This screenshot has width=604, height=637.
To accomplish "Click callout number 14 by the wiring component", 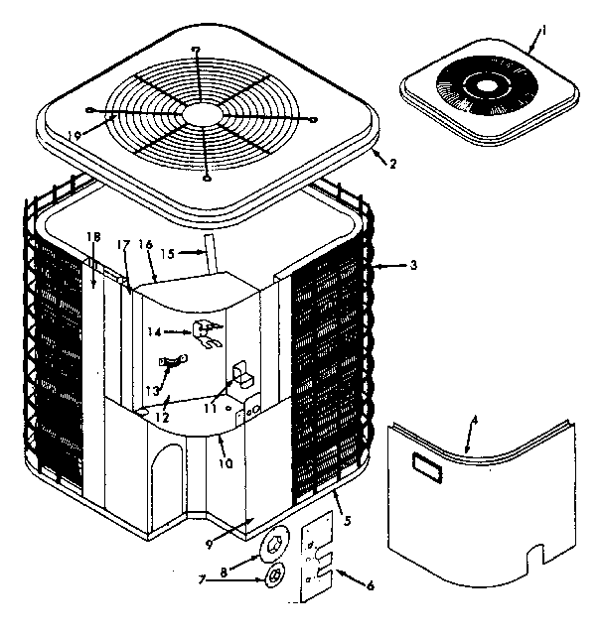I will pos(152,334).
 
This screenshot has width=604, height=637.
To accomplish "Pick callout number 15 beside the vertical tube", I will pos(169,254).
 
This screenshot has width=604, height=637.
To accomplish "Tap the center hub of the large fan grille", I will pos(205,114).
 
